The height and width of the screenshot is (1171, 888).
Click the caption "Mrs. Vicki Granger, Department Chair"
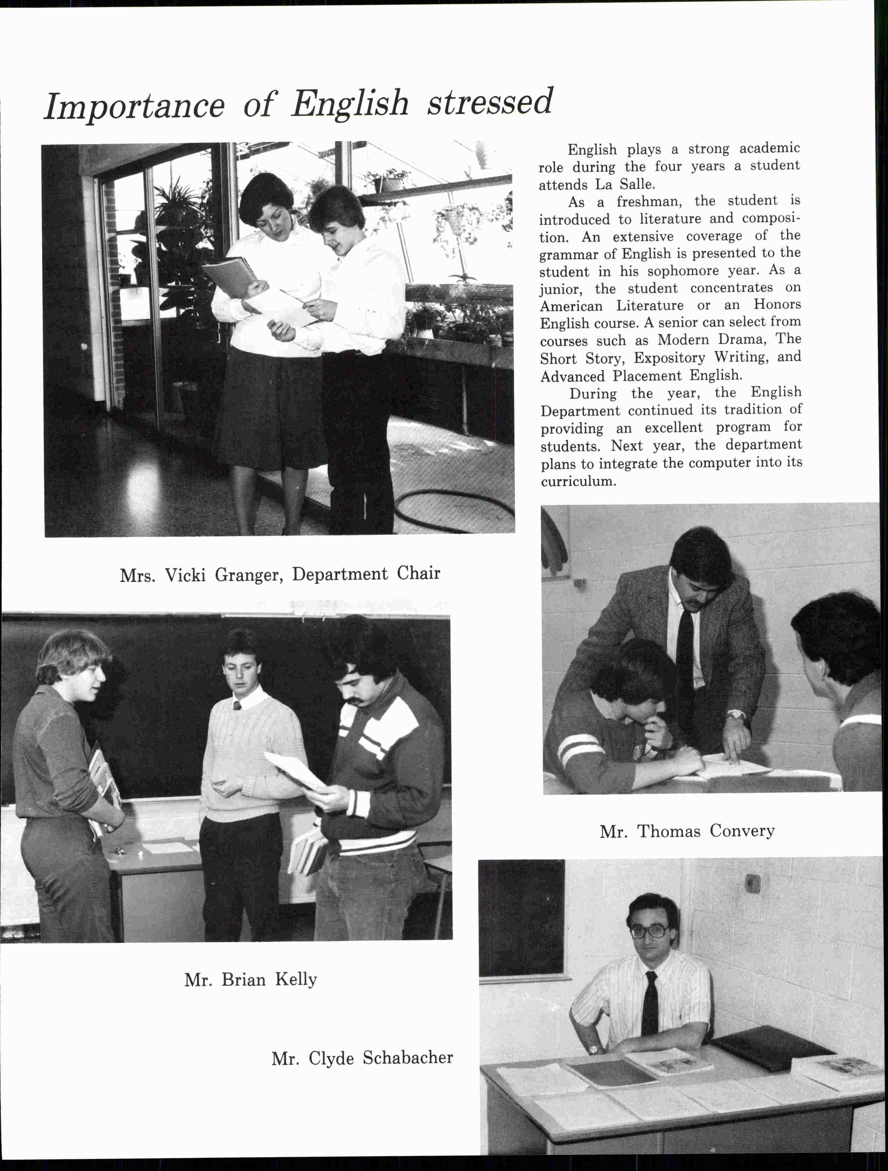(280, 575)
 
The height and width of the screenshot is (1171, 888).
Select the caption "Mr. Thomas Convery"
(687, 831)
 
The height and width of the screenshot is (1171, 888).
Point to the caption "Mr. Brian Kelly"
(250, 980)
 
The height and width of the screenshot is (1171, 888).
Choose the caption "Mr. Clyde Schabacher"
(362, 1058)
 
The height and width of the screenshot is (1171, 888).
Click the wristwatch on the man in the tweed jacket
(735, 715)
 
